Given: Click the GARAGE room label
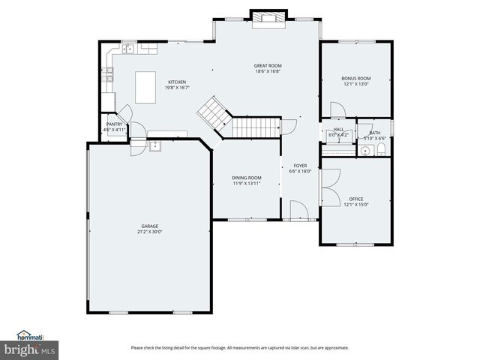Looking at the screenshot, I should tap(150, 226).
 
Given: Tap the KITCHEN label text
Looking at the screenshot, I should tap(177, 82).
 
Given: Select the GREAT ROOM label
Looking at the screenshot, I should tap(267, 66).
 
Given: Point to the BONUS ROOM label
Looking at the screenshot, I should tap(356, 78).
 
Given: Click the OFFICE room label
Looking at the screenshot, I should tap(356, 199).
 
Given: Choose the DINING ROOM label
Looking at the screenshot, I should tap(247, 178).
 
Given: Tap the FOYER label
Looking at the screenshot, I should tap(300, 166).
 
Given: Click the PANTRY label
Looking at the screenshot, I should tap(115, 124).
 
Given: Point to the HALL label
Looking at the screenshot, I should tap(338, 130).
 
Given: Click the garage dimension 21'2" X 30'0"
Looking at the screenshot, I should tap(150, 232).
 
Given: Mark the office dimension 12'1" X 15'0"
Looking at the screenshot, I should tap(356, 204).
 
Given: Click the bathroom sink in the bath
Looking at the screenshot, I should tap(364, 150).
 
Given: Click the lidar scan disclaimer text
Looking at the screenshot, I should tap(240, 347).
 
